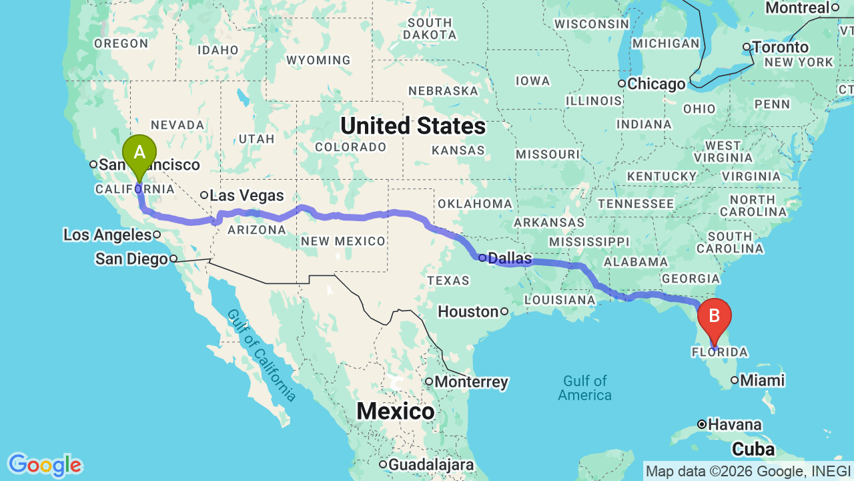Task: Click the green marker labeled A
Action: pos(139,154)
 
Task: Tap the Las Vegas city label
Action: pos(246,196)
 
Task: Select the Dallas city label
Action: pos(510,258)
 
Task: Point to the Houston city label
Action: pos(468,311)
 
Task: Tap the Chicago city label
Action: pos(656,84)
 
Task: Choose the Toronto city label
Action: pos(781,47)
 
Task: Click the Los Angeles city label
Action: pos(107,234)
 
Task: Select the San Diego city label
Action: pos(131,259)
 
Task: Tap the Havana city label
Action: pos(735,424)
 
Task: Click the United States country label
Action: pos(412,126)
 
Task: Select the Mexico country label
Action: pos(396,411)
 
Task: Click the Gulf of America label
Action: pos(585,387)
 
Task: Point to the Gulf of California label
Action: pos(261,355)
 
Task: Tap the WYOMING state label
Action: pos(318,60)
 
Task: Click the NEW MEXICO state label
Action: pos(343,241)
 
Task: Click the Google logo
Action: pos(44,465)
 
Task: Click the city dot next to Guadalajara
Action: pos(383,464)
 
